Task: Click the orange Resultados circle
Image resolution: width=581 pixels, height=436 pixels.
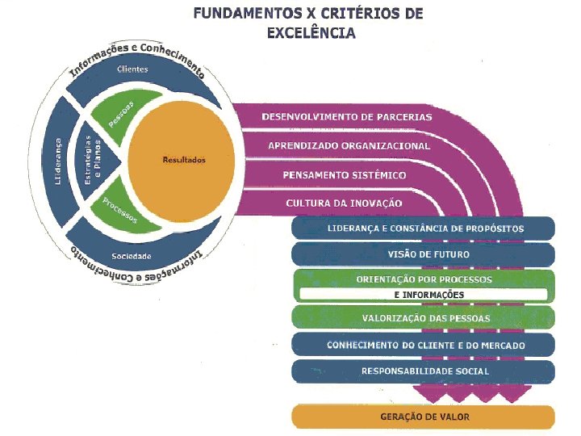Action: click(184, 160)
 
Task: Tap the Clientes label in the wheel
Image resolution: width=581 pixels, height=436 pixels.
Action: click(132, 70)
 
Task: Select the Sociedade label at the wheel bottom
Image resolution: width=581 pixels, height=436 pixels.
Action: click(132, 256)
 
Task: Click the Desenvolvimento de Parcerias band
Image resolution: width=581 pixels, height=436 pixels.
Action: click(346, 116)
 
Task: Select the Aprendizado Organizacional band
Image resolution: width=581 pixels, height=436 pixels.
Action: click(349, 146)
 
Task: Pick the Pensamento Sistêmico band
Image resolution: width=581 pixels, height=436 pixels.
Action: click(345, 174)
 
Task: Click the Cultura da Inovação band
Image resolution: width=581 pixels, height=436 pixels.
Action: click(344, 203)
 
